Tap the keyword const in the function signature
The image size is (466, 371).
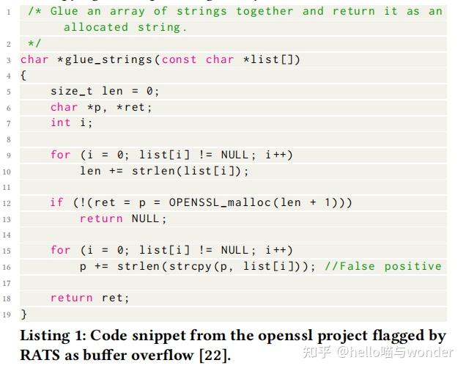coord(179,59)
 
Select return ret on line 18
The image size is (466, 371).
coord(89,298)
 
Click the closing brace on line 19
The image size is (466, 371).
coord(23,314)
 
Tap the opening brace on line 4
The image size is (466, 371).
coord(23,76)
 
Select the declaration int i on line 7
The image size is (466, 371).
coord(71,122)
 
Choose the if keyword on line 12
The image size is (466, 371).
coord(56,202)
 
